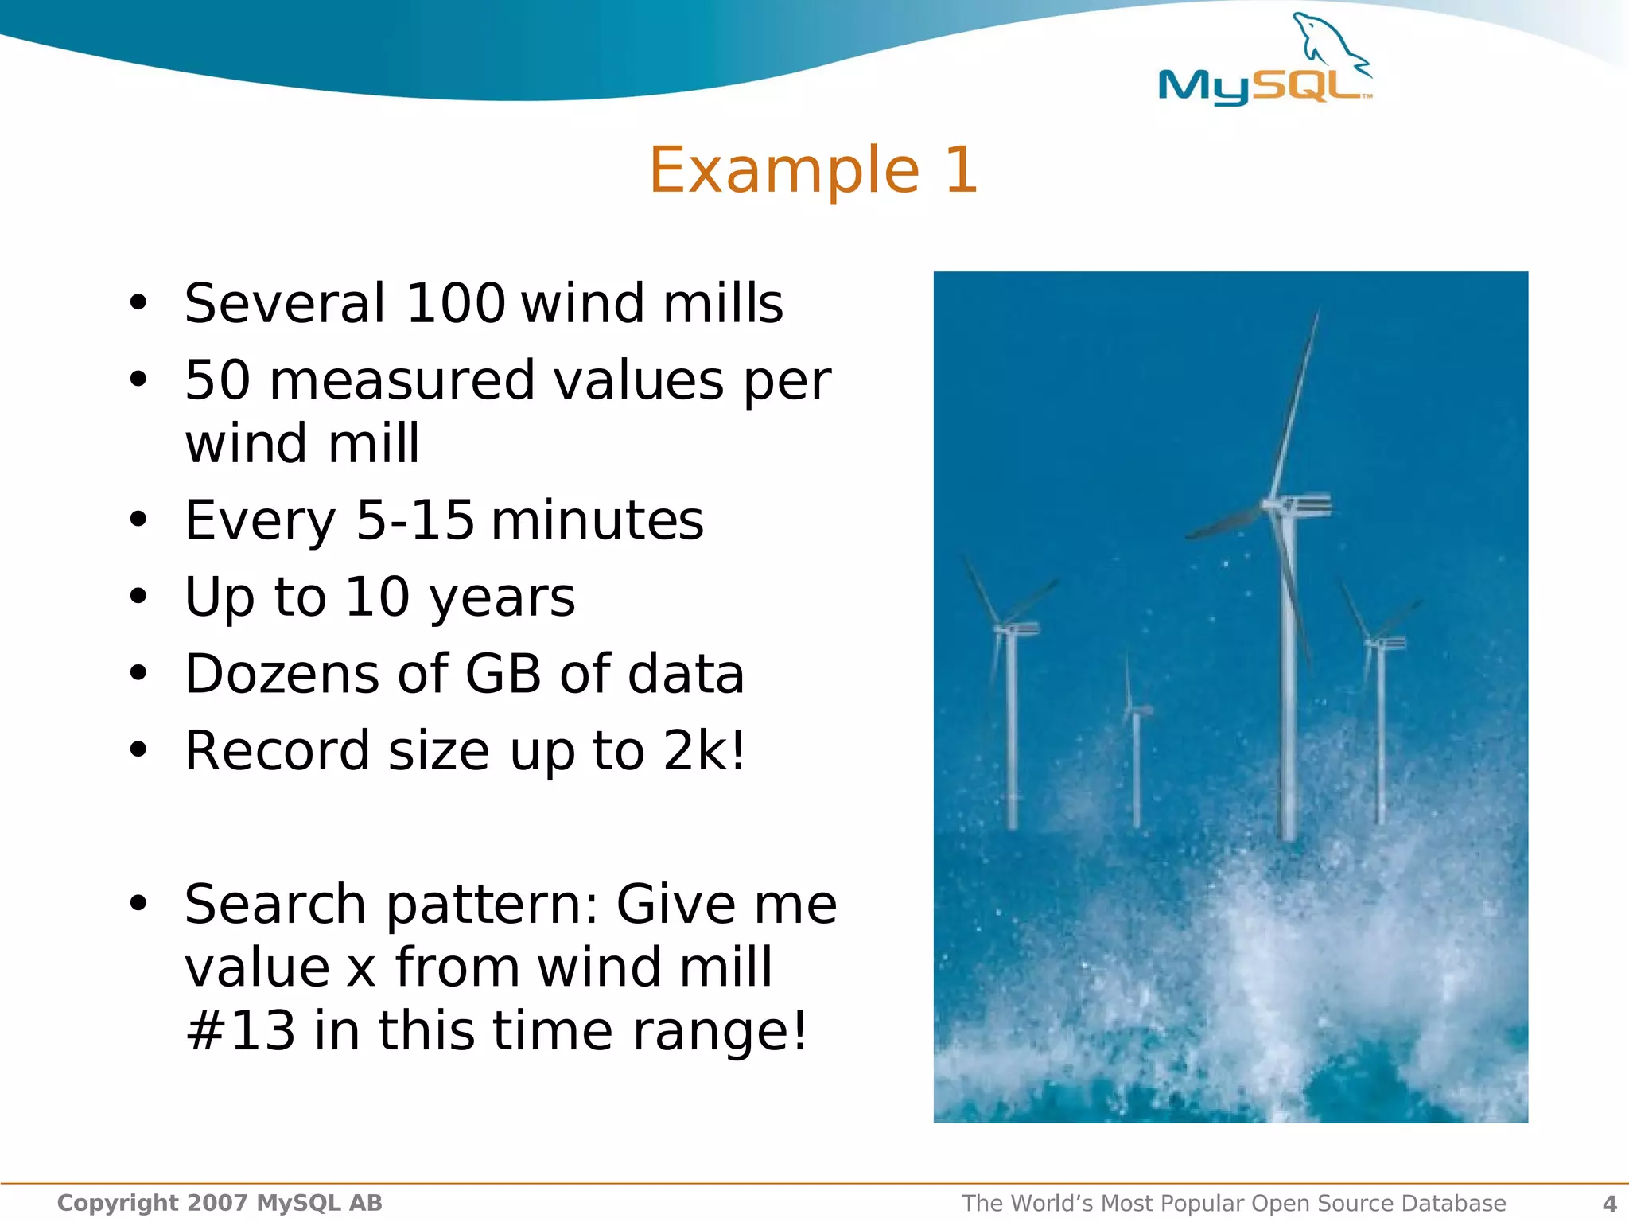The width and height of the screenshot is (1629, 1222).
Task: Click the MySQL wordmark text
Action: [1262, 86]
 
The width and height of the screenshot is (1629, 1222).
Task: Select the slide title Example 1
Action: [813, 169]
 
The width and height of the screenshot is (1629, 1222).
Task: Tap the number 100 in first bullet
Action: [455, 303]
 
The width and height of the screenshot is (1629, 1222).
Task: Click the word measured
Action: [402, 380]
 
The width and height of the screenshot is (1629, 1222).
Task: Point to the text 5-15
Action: [414, 520]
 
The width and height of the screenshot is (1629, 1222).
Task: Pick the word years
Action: [502, 597]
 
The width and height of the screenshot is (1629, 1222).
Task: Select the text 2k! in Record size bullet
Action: [704, 750]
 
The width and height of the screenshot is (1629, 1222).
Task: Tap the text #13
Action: [240, 1030]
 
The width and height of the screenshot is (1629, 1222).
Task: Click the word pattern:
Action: [492, 905]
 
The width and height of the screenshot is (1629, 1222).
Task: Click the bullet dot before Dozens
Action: [138, 674]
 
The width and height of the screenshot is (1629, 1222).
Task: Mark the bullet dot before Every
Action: [138, 520]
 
